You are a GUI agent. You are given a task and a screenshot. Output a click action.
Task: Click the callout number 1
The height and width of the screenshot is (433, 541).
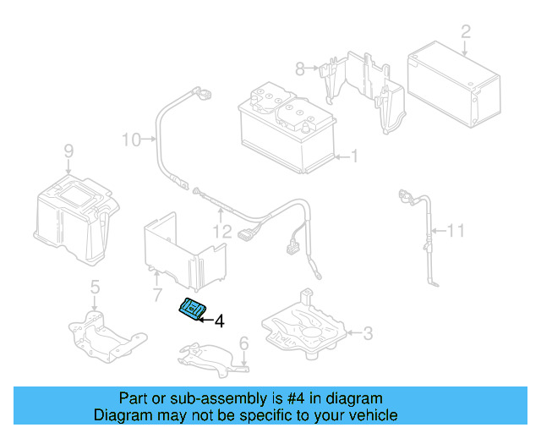[355, 156]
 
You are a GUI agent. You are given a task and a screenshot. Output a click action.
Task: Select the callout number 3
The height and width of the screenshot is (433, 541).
[367, 334]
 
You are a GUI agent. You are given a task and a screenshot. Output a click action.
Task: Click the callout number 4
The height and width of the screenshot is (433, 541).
[219, 321]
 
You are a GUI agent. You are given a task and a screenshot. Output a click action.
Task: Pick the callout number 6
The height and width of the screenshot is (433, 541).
[243, 343]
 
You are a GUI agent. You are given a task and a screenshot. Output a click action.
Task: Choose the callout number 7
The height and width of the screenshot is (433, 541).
[156, 295]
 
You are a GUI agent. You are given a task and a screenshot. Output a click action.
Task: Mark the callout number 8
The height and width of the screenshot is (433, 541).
[299, 68]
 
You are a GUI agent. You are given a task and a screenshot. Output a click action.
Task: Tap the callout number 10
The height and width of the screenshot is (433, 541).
[132, 139]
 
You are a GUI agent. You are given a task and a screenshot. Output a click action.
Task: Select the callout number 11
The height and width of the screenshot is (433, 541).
[456, 229]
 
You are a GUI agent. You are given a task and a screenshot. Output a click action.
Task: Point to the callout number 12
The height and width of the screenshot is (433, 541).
[221, 229]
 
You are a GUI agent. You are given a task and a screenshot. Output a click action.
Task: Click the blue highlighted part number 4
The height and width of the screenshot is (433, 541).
[193, 310]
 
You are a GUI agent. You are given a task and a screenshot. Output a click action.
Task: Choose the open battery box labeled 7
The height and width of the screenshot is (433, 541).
[182, 249]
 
